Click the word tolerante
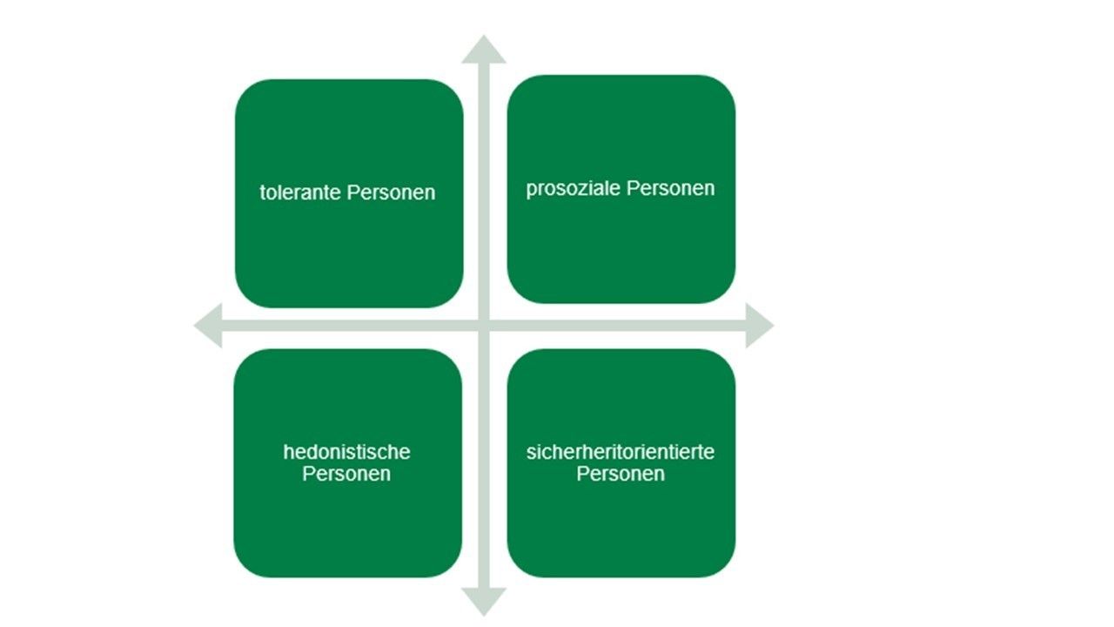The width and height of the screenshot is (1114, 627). (301, 192)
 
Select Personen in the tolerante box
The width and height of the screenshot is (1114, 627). (391, 192)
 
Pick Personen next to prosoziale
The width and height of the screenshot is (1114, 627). (670, 189)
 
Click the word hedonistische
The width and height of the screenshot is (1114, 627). (346, 453)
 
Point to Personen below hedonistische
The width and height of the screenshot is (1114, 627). (346, 475)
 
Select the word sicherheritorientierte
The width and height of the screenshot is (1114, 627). (621, 453)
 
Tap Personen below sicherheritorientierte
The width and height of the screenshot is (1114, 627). (621, 475)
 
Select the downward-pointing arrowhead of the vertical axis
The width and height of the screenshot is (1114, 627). (484, 600)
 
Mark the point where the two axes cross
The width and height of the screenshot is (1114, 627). (484, 326)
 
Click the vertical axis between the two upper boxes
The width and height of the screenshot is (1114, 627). (484, 192)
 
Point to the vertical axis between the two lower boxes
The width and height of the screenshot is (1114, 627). (484, 462)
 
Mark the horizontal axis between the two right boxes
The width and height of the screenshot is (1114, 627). (621, 326)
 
